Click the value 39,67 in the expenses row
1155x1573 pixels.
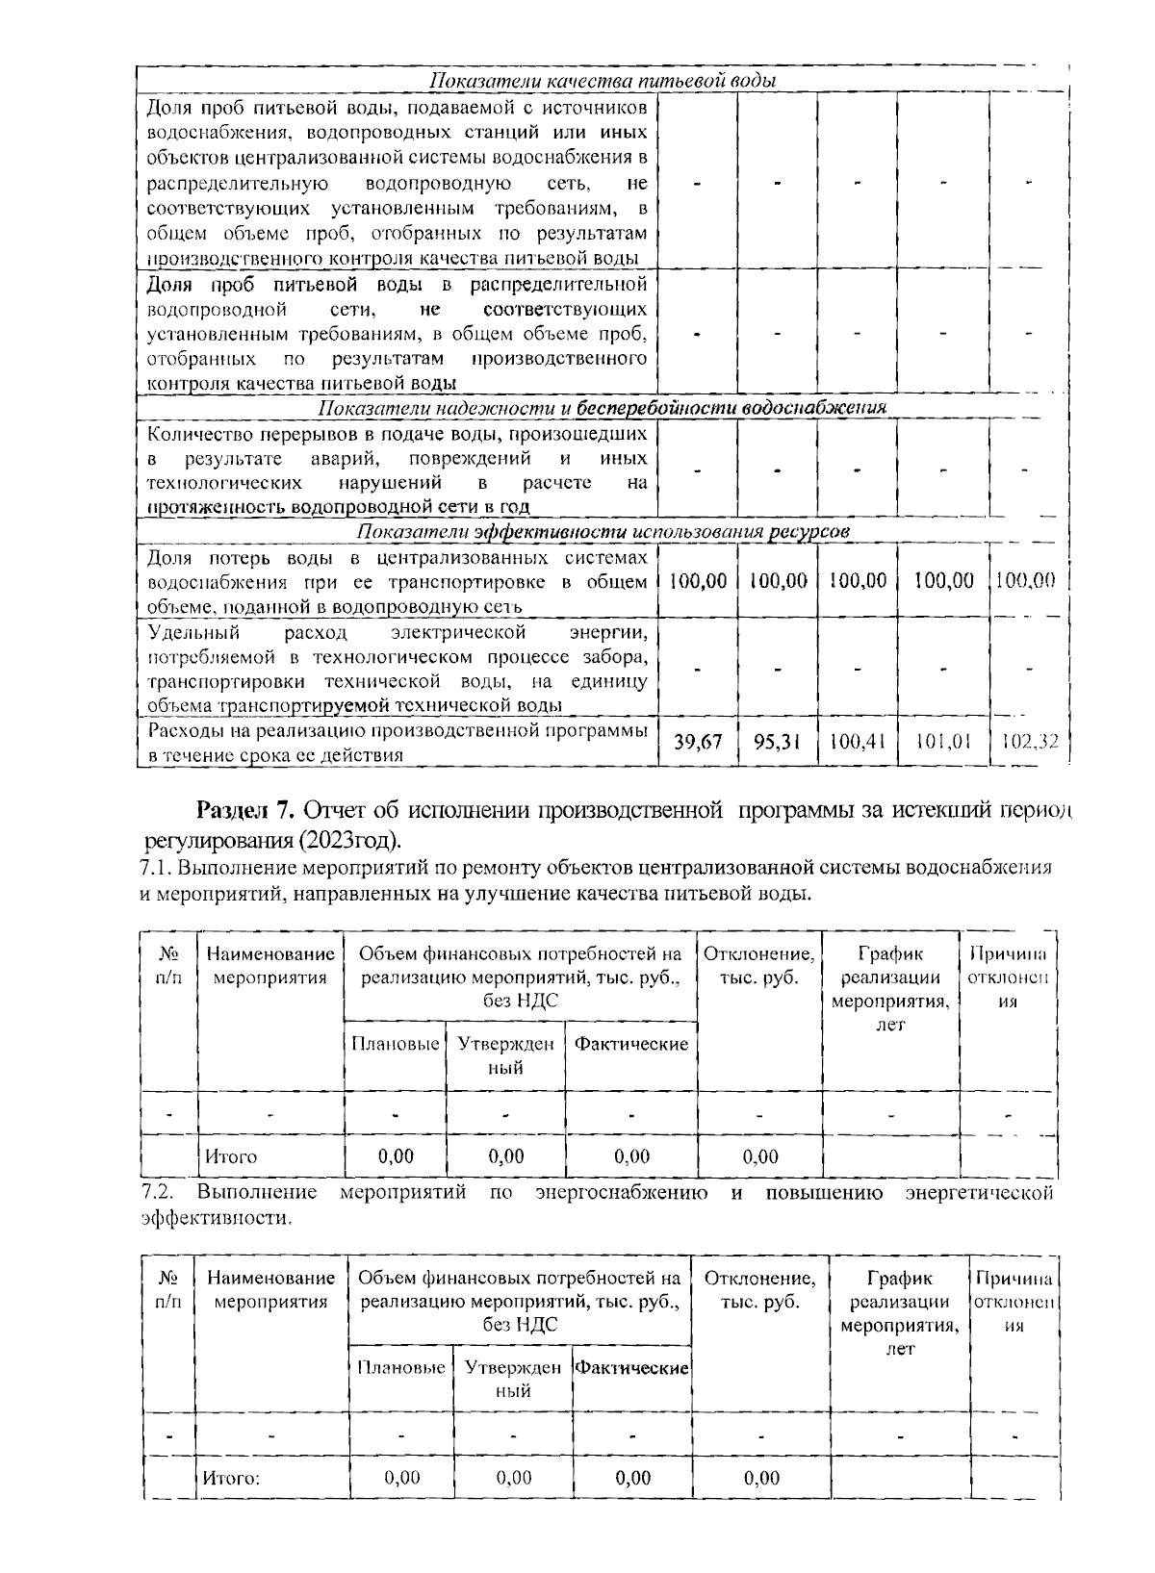click(x=698, y=743)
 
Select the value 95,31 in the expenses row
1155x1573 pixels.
click(x=777, y=743)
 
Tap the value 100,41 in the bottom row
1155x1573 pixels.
click(x=857, y=743)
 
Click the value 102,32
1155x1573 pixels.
click(x=1029, y=743)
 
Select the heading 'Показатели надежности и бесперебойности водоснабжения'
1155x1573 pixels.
click(x=603, y=408)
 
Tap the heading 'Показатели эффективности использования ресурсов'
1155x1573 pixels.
click(x=603, y=532)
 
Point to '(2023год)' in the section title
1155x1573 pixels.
click(x=350, y=840)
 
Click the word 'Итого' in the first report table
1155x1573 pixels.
click(x=230, y=1156)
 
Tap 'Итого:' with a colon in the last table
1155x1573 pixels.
click(x=232, y=1479)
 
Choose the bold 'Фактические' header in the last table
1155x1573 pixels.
click(x=632, y=1368)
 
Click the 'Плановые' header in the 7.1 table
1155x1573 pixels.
click(x=396, y=1045)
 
